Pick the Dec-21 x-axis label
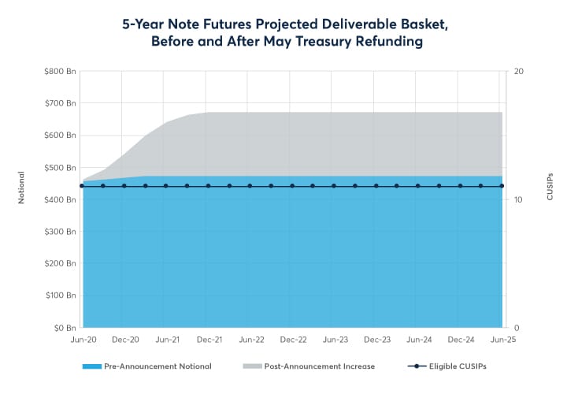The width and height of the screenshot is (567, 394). coord(209,340)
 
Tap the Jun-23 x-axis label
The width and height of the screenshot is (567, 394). coord(335,340)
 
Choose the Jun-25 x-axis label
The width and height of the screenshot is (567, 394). coord(502,340)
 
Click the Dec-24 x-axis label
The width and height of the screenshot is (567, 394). coord(461,340)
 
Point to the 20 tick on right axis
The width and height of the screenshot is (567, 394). coord(519,71)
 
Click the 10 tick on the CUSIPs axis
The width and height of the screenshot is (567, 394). coord(519,199)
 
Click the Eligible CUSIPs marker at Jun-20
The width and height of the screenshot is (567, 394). coord(82,186)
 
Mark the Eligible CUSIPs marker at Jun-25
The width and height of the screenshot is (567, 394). coord(502,186)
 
